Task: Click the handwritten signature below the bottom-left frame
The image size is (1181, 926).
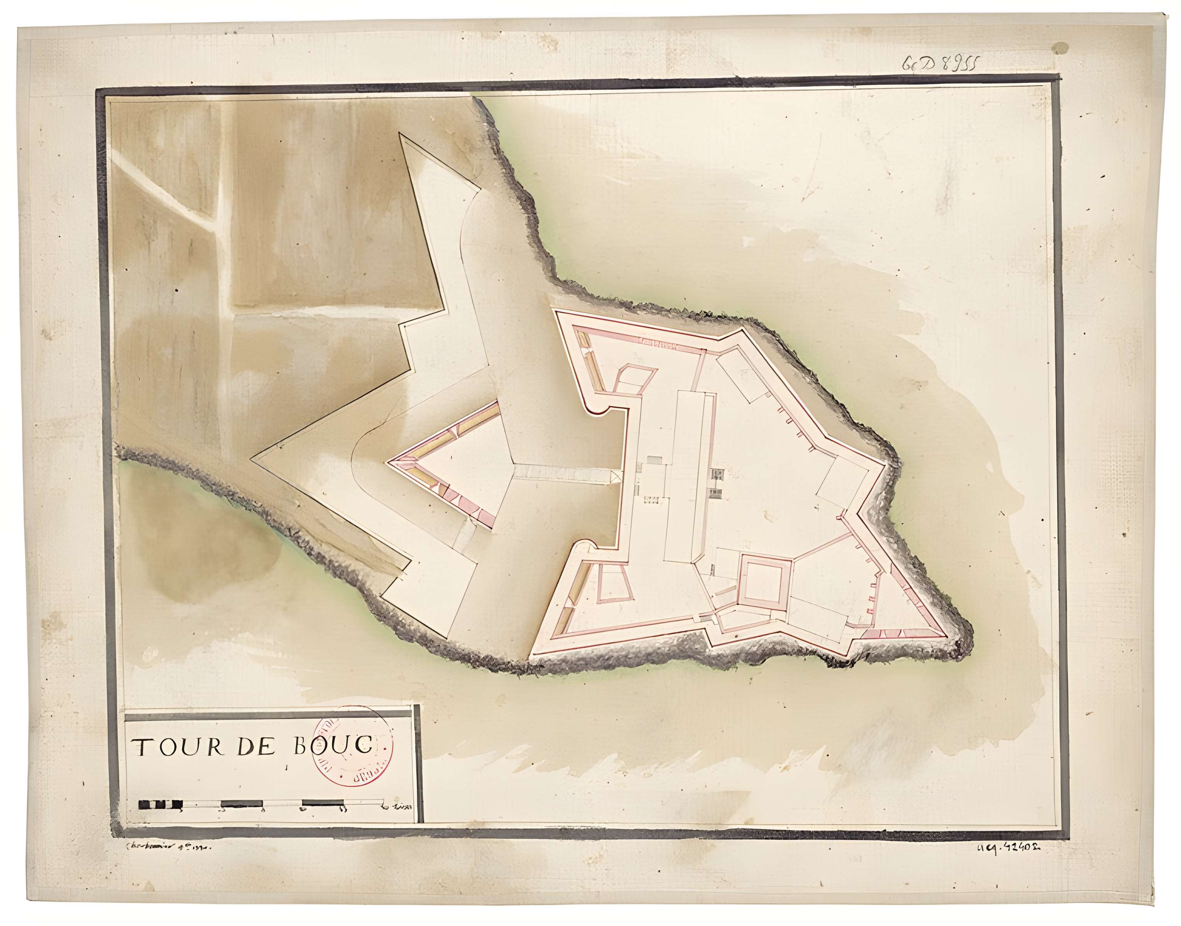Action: (x=166, y=846)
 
